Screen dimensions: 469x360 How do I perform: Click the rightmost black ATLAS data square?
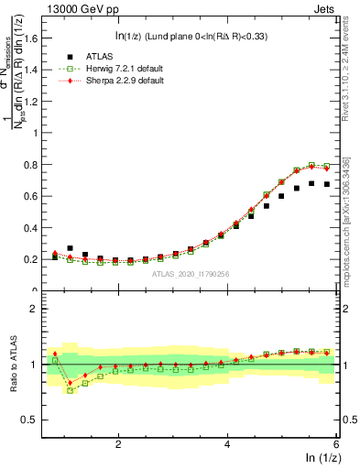point(326,184)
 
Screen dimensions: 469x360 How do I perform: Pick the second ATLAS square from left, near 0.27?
point(70,248)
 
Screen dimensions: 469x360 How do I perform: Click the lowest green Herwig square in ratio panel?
point(70,390)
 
